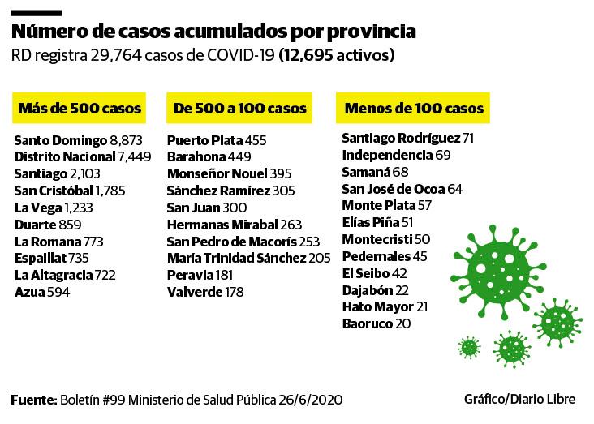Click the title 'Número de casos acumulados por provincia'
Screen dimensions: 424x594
click(214, 32)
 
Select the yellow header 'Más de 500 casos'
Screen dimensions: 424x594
click(80, 108)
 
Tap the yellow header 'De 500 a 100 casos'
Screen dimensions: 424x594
click(239, 108)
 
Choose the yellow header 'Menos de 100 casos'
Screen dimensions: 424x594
click(414, 108)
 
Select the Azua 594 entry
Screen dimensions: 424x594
click(42, 291)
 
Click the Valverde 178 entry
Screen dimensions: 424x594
click(204, 291)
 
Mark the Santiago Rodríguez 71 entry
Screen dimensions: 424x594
click(407, 138)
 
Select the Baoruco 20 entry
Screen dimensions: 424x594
click(376, 323)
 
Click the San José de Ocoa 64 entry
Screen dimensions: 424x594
click(402, 188)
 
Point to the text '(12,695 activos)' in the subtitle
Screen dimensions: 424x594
click(337, 57)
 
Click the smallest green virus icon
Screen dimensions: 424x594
click(468, 347)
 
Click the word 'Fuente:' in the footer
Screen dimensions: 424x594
click(33, 400)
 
